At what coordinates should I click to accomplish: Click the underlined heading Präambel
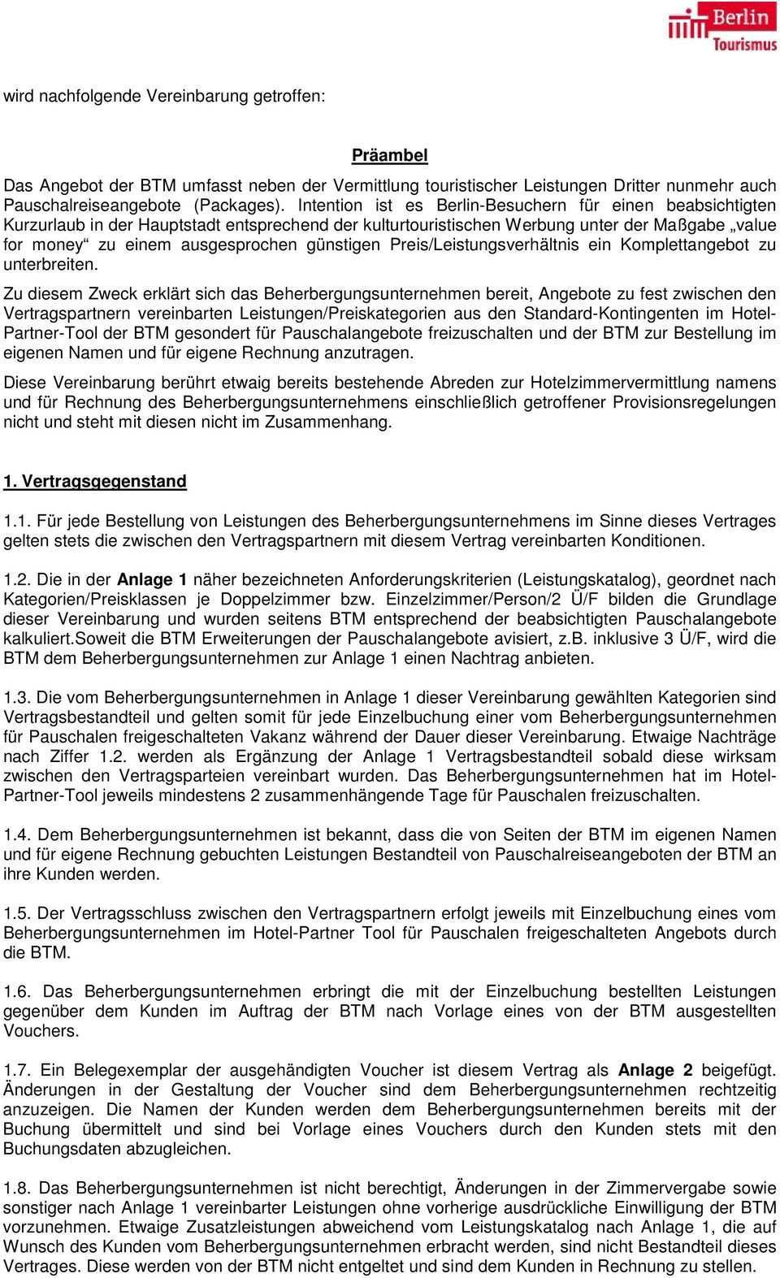pos(389,154)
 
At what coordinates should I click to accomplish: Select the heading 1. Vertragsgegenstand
pos(95,481)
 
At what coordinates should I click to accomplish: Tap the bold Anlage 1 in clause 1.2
pos(153,580)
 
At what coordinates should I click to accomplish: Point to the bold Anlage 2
pos(655,1070)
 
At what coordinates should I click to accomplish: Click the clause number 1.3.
pos(16,698)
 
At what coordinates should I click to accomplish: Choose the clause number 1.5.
pos(16,913)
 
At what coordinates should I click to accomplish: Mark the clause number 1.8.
pos(16,1188)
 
